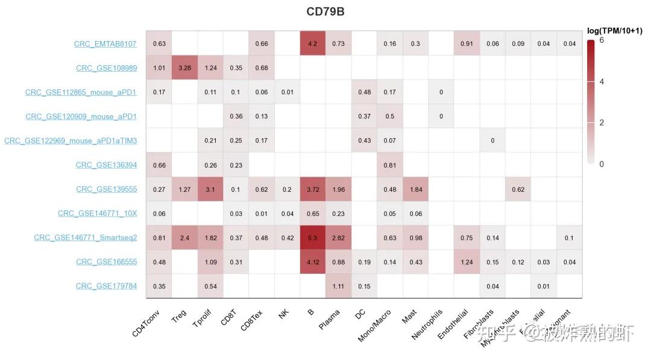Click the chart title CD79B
325,11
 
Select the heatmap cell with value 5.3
313,238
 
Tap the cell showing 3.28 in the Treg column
184,68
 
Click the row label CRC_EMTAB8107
105,44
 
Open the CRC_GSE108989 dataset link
106,68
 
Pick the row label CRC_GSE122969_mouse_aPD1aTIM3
71,141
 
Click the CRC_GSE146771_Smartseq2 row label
85,238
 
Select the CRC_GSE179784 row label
106,286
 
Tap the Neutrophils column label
427,324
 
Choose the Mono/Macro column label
374,326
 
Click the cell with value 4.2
313,43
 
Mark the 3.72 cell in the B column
313,189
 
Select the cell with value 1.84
415,189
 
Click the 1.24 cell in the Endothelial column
467,262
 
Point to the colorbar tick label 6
602,40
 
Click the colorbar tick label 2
602,122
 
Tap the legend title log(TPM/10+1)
616,30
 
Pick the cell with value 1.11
338,286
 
